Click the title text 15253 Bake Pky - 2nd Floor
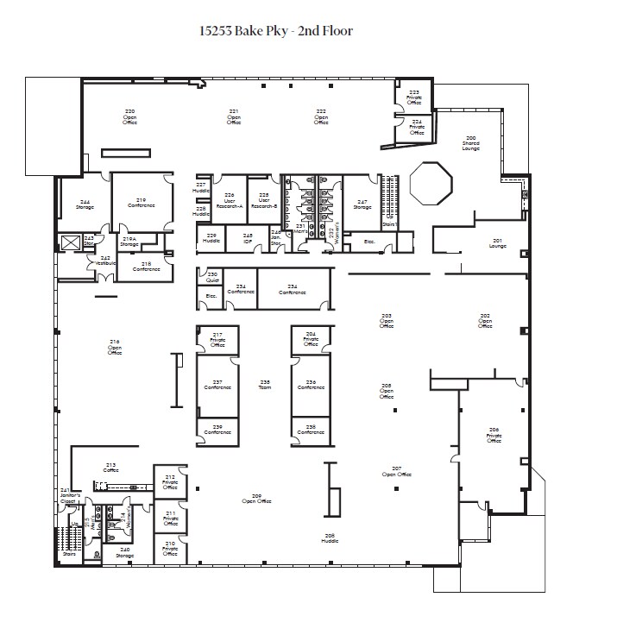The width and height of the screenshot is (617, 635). tap(276, 31)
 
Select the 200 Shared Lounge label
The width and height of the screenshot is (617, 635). tap(470, 142)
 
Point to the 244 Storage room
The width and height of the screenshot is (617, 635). tap(84, 204)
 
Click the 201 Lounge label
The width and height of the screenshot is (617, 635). tap(497, 242)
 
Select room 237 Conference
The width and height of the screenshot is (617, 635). tap(217, 385)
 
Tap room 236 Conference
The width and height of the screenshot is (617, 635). tap(311, 385)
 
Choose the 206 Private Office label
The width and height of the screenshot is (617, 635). tap(494, 435)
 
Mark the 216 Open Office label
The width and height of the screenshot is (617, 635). tap(115, 349)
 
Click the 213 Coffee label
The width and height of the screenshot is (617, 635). tap(110, 467)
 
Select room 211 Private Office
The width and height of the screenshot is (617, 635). tap(170, 518)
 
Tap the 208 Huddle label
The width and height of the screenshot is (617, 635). tap(329, 538)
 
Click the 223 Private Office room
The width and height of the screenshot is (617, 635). tap(414, 97)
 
